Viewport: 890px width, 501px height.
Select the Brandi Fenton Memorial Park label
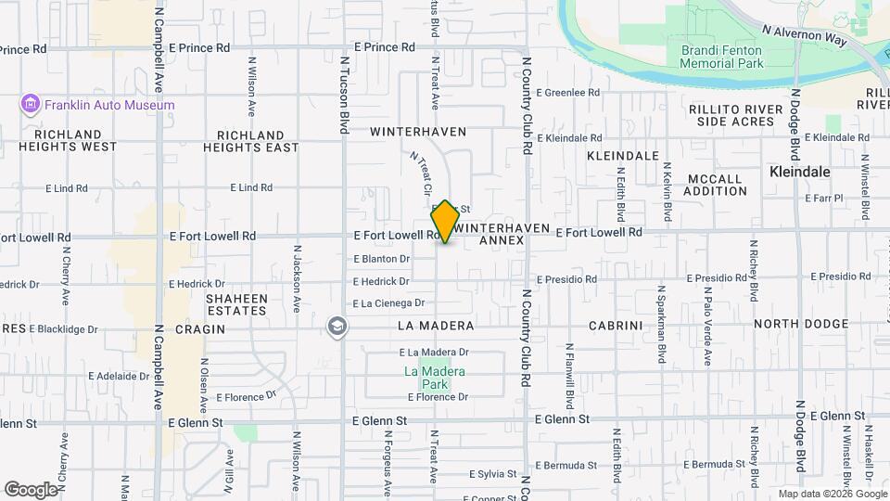click(x=722, y=57)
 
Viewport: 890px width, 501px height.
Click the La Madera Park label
click(x=434, y=378)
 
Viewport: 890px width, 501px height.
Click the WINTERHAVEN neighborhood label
click(x=418, y=132)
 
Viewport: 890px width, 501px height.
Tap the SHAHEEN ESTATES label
click(x=236, y=304)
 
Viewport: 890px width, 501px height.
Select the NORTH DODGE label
click(x=801, y=324)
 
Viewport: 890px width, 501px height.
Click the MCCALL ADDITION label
click(x=715, y=185)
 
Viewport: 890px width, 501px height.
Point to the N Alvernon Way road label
click(x=805, y=36)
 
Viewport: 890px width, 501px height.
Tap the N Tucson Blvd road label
click(x=344, y=92)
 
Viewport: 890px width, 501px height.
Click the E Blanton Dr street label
click(x=381, y=259)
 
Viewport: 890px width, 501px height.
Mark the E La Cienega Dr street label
click(x=388, y=303)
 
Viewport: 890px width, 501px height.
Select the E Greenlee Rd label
click(x=573, y=93)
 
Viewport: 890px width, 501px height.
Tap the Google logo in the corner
click(x=31, y=489)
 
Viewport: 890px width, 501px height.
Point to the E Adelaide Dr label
click(x=119, y=377)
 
